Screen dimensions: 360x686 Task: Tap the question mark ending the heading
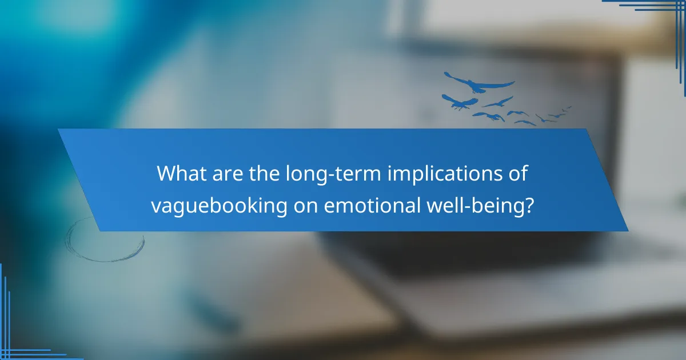(x=531, y=205)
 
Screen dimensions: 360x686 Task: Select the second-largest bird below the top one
(x=459, y=101)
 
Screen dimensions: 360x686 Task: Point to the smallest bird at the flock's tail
(x=568, y=107)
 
